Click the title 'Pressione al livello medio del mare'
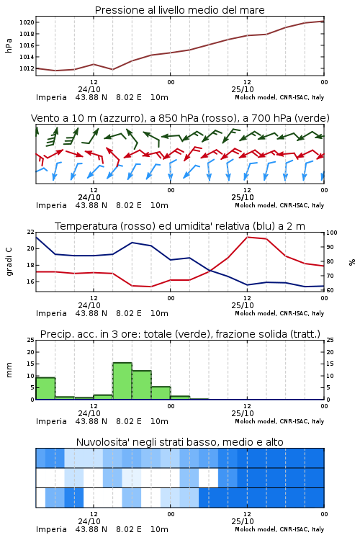pyautogui.click(x=179, y=10)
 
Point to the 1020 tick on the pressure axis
pyautogui.click(x=27, y=22)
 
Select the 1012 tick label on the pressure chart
pyautogui.click(x=27, y=68)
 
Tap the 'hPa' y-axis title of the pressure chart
pyautogui.click(x=9, y=45)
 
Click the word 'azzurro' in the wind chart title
pyautogui.click(x=121, y=118)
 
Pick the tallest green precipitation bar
pyautogui.click(x=122, y=381)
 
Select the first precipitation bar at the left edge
pyautogui.click(x=45, y=389)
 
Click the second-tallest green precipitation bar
pyautogui.click(x=142, y=385)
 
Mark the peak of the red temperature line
pyautogui.click(x=248, y=237)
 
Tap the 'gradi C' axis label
pyautogui.click(x=9, y=261)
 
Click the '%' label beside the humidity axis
pyautogui.click(x=352, y=262)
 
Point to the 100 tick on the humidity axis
pyautogui.click(x=331, y=233)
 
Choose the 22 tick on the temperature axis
pyautogui.click(x=31, y=232)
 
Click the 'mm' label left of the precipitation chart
pyautogui.click(x=9, y=370)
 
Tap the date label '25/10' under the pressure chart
pyautogui.click(x=243, y=89)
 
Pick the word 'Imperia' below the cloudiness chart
pyautogui.click(x=51, y=529)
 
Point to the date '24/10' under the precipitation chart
pyautogui.click(x=89, y=413)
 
